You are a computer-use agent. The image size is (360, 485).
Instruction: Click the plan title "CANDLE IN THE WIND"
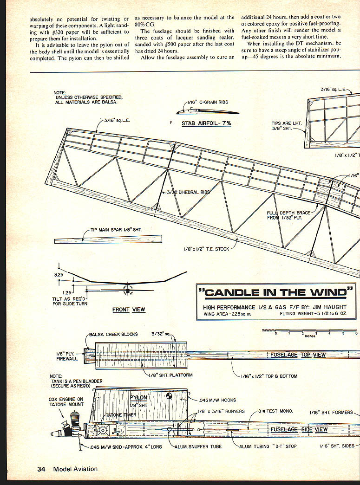pyautogui.click(x=275, y=292)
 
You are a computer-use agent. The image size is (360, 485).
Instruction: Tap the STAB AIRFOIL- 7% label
pyautogui.click(x=206, y=123)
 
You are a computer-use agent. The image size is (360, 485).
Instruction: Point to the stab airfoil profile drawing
pyautogui.click(x=207, y=111)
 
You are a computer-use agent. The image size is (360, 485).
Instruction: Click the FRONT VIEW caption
pyautogui.click(x=129, y=310)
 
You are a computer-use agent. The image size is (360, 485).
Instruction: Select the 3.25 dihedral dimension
pyautogui.click(x=59, y=275)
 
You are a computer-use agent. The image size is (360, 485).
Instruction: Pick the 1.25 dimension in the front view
pyautogui.click(x=67, y=292)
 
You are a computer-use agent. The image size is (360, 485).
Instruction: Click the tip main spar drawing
pyautogui.click(x=108, y=239)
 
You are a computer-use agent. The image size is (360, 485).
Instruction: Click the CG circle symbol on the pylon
pyautogui.click(x=170, y=395)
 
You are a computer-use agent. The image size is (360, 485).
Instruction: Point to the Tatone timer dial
pyautogui.click(x=102, y=430)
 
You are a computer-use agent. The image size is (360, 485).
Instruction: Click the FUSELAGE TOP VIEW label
pyautogui.click(x=298, y=355)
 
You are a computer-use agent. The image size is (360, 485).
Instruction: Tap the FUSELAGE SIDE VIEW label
pyautogui.click(x=299, y=429)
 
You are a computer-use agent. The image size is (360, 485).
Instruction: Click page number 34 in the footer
pyautogui.click(x=41, y=469)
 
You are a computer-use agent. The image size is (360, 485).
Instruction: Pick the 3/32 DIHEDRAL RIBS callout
pyautogui.click(x=188, y=192)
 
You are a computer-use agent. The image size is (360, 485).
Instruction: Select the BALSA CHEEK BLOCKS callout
pyautogui.click(x=113, y=334)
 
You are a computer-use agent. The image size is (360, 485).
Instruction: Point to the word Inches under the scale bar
pyautogui.click(x=310, y=336)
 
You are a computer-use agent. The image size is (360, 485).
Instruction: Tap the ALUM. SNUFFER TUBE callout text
pyautogui.click(x=198, y=446)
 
